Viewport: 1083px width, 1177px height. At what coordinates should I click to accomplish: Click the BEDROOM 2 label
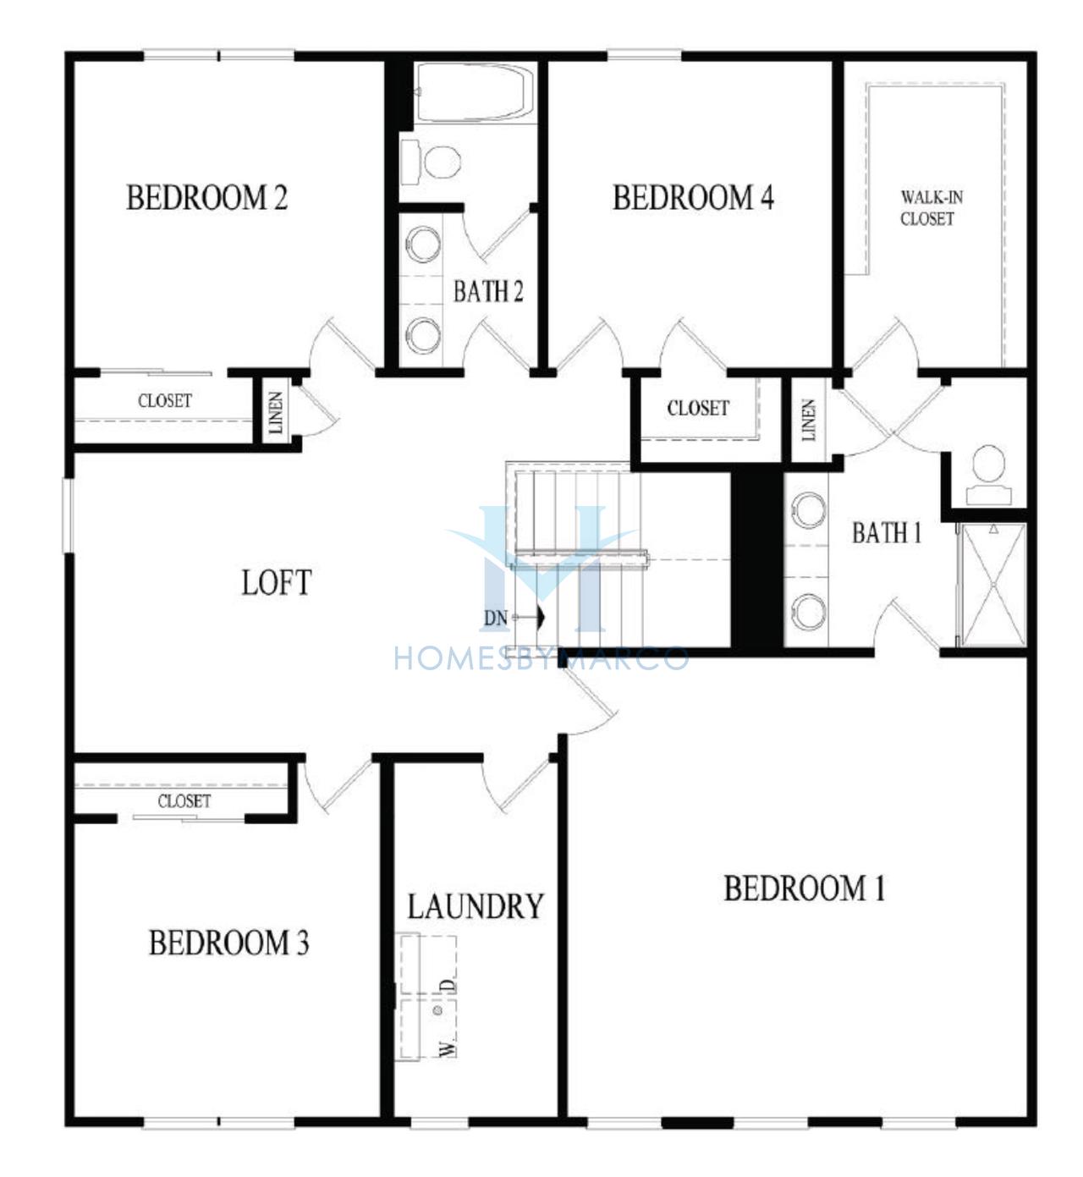coord(207,198)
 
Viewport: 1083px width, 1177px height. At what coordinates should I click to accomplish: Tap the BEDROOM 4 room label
coord(694,198)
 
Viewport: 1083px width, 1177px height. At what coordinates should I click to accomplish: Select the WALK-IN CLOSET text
coord(932,208)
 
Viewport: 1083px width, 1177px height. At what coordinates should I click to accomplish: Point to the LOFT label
coord(277,583)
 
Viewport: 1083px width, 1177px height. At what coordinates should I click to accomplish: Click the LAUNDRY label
coord(476,906)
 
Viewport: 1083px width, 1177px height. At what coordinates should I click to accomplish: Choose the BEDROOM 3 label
coord(228,943)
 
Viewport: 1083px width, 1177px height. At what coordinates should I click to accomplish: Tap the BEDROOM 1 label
coord(805,888)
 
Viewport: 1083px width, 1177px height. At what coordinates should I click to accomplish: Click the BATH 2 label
coord(488,292)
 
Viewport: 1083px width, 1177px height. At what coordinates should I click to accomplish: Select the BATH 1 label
coord(887,533)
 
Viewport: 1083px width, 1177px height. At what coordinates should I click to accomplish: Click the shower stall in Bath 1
coord(992,585)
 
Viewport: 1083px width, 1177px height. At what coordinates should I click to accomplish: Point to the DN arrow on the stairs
coord(529,617)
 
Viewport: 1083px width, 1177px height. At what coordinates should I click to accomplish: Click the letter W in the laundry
coord(448,1049)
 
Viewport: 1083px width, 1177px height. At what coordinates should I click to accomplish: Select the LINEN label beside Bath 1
coord(808,420)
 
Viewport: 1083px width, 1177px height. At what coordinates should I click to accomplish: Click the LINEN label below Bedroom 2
coord(276,412)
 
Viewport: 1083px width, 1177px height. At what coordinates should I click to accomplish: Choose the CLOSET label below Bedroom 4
coord(698,408)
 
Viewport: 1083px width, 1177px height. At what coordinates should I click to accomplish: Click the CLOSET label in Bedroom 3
coord(184,801)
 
